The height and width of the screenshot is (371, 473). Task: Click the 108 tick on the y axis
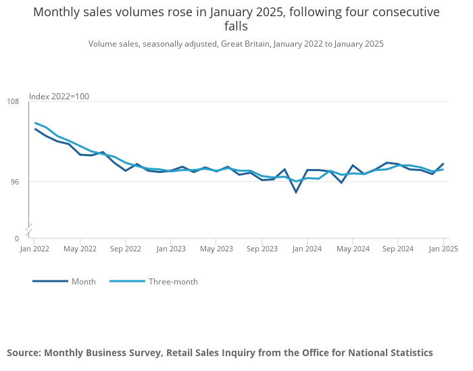[12, 101]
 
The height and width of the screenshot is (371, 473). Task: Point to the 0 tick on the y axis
[17, 239]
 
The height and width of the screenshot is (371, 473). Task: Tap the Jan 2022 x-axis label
[34, 249]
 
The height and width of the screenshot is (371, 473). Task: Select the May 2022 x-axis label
[80, 249]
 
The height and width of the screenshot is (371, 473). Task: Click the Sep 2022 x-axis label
[125, 249]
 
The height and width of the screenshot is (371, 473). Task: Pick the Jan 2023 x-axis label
[171, 249]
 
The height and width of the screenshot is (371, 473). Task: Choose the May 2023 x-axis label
[216, 249]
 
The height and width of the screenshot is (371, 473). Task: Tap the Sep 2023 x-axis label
[262, 249]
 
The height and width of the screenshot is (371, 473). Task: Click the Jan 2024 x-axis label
[307, 249]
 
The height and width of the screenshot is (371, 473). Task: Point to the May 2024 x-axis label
[353, 249]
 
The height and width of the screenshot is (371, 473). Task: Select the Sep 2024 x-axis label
[398, 249]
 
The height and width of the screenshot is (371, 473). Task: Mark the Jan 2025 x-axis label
[443, 249]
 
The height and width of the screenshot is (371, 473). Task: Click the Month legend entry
[83, 282]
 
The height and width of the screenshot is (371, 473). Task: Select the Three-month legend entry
[173, 282]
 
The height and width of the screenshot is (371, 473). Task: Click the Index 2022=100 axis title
[59, 97]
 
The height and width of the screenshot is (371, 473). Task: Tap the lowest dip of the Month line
[296, 193]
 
